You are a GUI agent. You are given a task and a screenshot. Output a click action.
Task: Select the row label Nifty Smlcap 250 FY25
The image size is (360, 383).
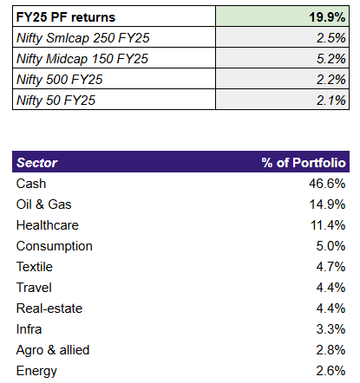click(x=82, y=38)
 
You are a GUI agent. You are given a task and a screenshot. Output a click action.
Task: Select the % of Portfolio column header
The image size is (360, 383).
click(x=304, y=163)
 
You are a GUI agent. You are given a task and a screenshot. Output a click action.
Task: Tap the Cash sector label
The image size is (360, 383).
click(x=32, y=184)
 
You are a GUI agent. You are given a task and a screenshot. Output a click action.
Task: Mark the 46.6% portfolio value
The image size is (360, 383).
click(x=327, y=184)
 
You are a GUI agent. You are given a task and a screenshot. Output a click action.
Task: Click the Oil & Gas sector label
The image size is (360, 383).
click(x=46, y=204)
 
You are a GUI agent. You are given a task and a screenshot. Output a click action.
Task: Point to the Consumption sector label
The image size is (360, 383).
click(x=56, y=246)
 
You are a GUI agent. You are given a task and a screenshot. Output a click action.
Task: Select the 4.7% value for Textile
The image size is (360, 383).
click(x=331, y=267)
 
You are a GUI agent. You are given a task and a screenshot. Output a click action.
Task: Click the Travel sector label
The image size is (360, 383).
click(x=35, y=288)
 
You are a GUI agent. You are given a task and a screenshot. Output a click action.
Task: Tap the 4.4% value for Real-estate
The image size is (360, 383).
click(x=331, y=308)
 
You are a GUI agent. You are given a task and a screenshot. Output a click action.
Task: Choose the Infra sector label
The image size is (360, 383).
click(x=30, y=329)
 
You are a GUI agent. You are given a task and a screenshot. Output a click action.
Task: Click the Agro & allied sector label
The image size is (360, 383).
click(x=53, y=350)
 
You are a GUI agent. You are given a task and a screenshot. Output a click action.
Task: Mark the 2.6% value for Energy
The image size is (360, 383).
click(x=331, y=371)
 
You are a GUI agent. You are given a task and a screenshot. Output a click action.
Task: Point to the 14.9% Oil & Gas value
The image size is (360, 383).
click(x=327, y=204)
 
